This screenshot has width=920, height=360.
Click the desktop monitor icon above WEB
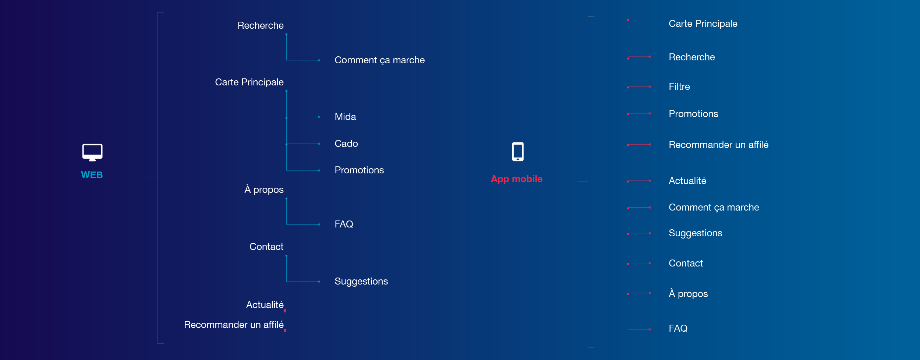pos(92,152)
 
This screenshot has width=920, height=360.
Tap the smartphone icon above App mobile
pos(518,152)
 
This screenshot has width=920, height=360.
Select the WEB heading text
pos(92,175)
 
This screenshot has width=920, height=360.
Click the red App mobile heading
pos(517,179)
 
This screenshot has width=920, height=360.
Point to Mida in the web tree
pos(345,117)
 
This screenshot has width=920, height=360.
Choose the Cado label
pos(346,144)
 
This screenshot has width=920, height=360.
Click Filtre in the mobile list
pos(679,87)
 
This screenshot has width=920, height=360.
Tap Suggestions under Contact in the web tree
pos(361,281)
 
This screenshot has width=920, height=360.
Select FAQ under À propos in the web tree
pos(344,224)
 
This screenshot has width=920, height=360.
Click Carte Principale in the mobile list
pos(703,24)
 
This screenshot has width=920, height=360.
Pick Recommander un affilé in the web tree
pos(234,325)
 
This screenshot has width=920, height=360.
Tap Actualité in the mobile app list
pos(687,181)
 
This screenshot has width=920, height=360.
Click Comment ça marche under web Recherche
pos(379,60)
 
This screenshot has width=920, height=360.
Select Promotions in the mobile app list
pos(693,114)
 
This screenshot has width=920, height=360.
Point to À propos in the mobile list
pos(688,293)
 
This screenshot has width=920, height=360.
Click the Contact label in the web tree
pos(266,247)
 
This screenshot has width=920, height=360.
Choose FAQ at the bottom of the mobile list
pos(678,328)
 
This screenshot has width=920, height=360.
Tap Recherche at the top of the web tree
pos(261,25)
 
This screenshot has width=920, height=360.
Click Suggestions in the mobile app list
pos(695,233)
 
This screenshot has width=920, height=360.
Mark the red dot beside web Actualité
pos(285,311)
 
